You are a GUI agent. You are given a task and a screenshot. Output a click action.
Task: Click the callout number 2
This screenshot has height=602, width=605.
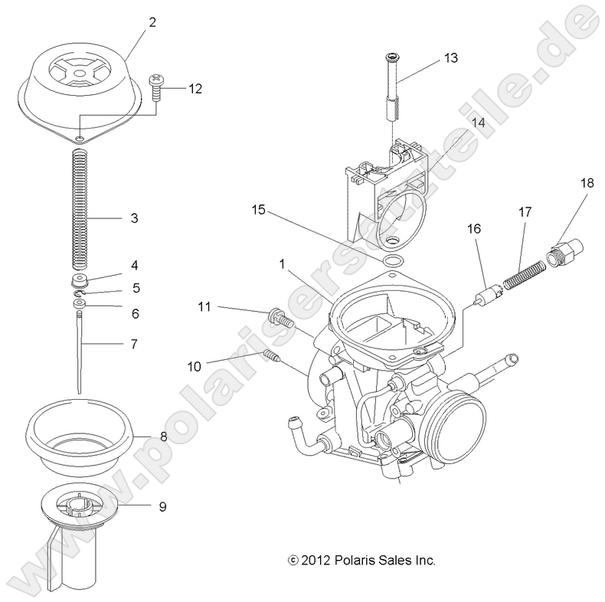[152, 22]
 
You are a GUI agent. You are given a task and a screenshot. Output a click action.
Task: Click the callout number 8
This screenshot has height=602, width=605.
[163, 437]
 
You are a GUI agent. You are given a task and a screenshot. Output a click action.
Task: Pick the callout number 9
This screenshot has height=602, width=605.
[162, 505]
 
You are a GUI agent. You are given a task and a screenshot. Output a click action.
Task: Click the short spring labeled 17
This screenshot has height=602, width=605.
[529, 270]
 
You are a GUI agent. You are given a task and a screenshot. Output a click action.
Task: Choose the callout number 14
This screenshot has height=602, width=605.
[478, 123]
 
